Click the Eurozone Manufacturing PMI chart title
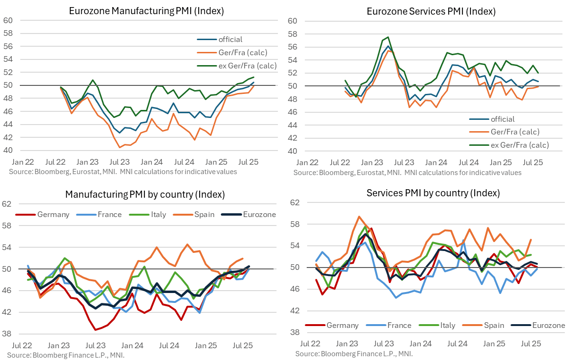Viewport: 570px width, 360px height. coord(146,10)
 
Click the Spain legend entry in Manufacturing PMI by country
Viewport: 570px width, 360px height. coord(204,214)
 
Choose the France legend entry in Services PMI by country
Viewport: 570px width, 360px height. coord(398,325)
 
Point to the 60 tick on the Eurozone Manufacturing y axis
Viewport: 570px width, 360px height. coord(8,20)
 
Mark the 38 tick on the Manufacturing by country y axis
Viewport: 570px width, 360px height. coord(7,334)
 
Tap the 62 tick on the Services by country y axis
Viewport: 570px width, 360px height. coord(295,203)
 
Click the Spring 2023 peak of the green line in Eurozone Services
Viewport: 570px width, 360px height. coord(388,37)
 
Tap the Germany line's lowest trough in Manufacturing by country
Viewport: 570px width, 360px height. coord(96,329)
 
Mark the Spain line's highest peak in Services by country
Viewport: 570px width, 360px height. coord(359,217)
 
